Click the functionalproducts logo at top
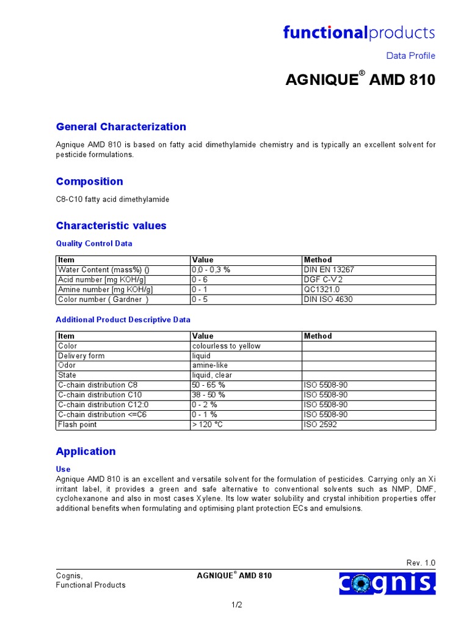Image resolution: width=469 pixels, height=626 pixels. pos(358,32)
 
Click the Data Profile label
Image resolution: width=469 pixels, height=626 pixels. pos(410,56)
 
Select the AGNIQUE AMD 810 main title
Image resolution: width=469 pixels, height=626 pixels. pos(360,80)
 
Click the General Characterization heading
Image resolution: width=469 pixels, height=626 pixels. pos(121,127)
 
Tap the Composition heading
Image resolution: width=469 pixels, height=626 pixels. pos(89,181)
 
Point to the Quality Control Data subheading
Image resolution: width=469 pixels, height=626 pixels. pos(93,243)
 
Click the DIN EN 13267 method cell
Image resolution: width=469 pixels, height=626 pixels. pos(329,270)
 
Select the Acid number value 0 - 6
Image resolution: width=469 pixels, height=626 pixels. pos(200,279)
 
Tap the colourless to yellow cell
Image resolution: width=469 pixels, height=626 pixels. pos(226,346)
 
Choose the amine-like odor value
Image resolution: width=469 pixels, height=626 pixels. pos(210,366)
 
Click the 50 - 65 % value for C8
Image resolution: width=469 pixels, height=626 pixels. pos(208,385)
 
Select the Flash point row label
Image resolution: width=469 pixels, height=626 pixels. pos(77,424)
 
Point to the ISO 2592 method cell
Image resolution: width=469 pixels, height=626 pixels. pos(320,424)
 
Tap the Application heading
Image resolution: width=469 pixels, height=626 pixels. pos(85,451)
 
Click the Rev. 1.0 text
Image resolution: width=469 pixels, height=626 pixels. pos(421,563)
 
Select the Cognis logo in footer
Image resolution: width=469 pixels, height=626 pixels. pos(388,583)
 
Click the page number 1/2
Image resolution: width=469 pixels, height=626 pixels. pos(236,605)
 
